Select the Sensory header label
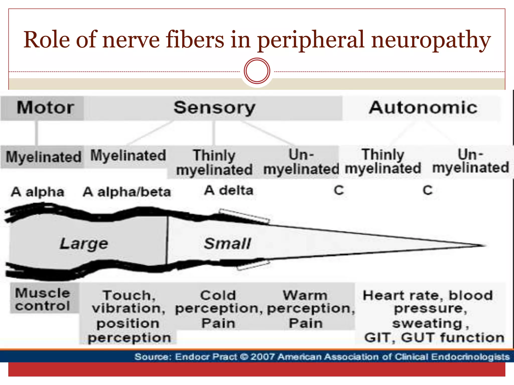click(x=214, y=108)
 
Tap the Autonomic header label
click(x=423, y=108)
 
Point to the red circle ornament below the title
click(x=257, y=71)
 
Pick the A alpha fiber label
click(x=38, y=192)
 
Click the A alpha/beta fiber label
click(x=127, y=192)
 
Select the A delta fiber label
click(x=229, y=191)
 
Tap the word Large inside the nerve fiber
click(x=84, y=244)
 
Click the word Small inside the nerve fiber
click(x=227, y=244)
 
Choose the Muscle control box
click(x=43, y=299)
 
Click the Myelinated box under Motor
click(x=43, y=157)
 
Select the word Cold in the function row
click(x=218, y=296)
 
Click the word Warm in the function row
click(x=305, y=296)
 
